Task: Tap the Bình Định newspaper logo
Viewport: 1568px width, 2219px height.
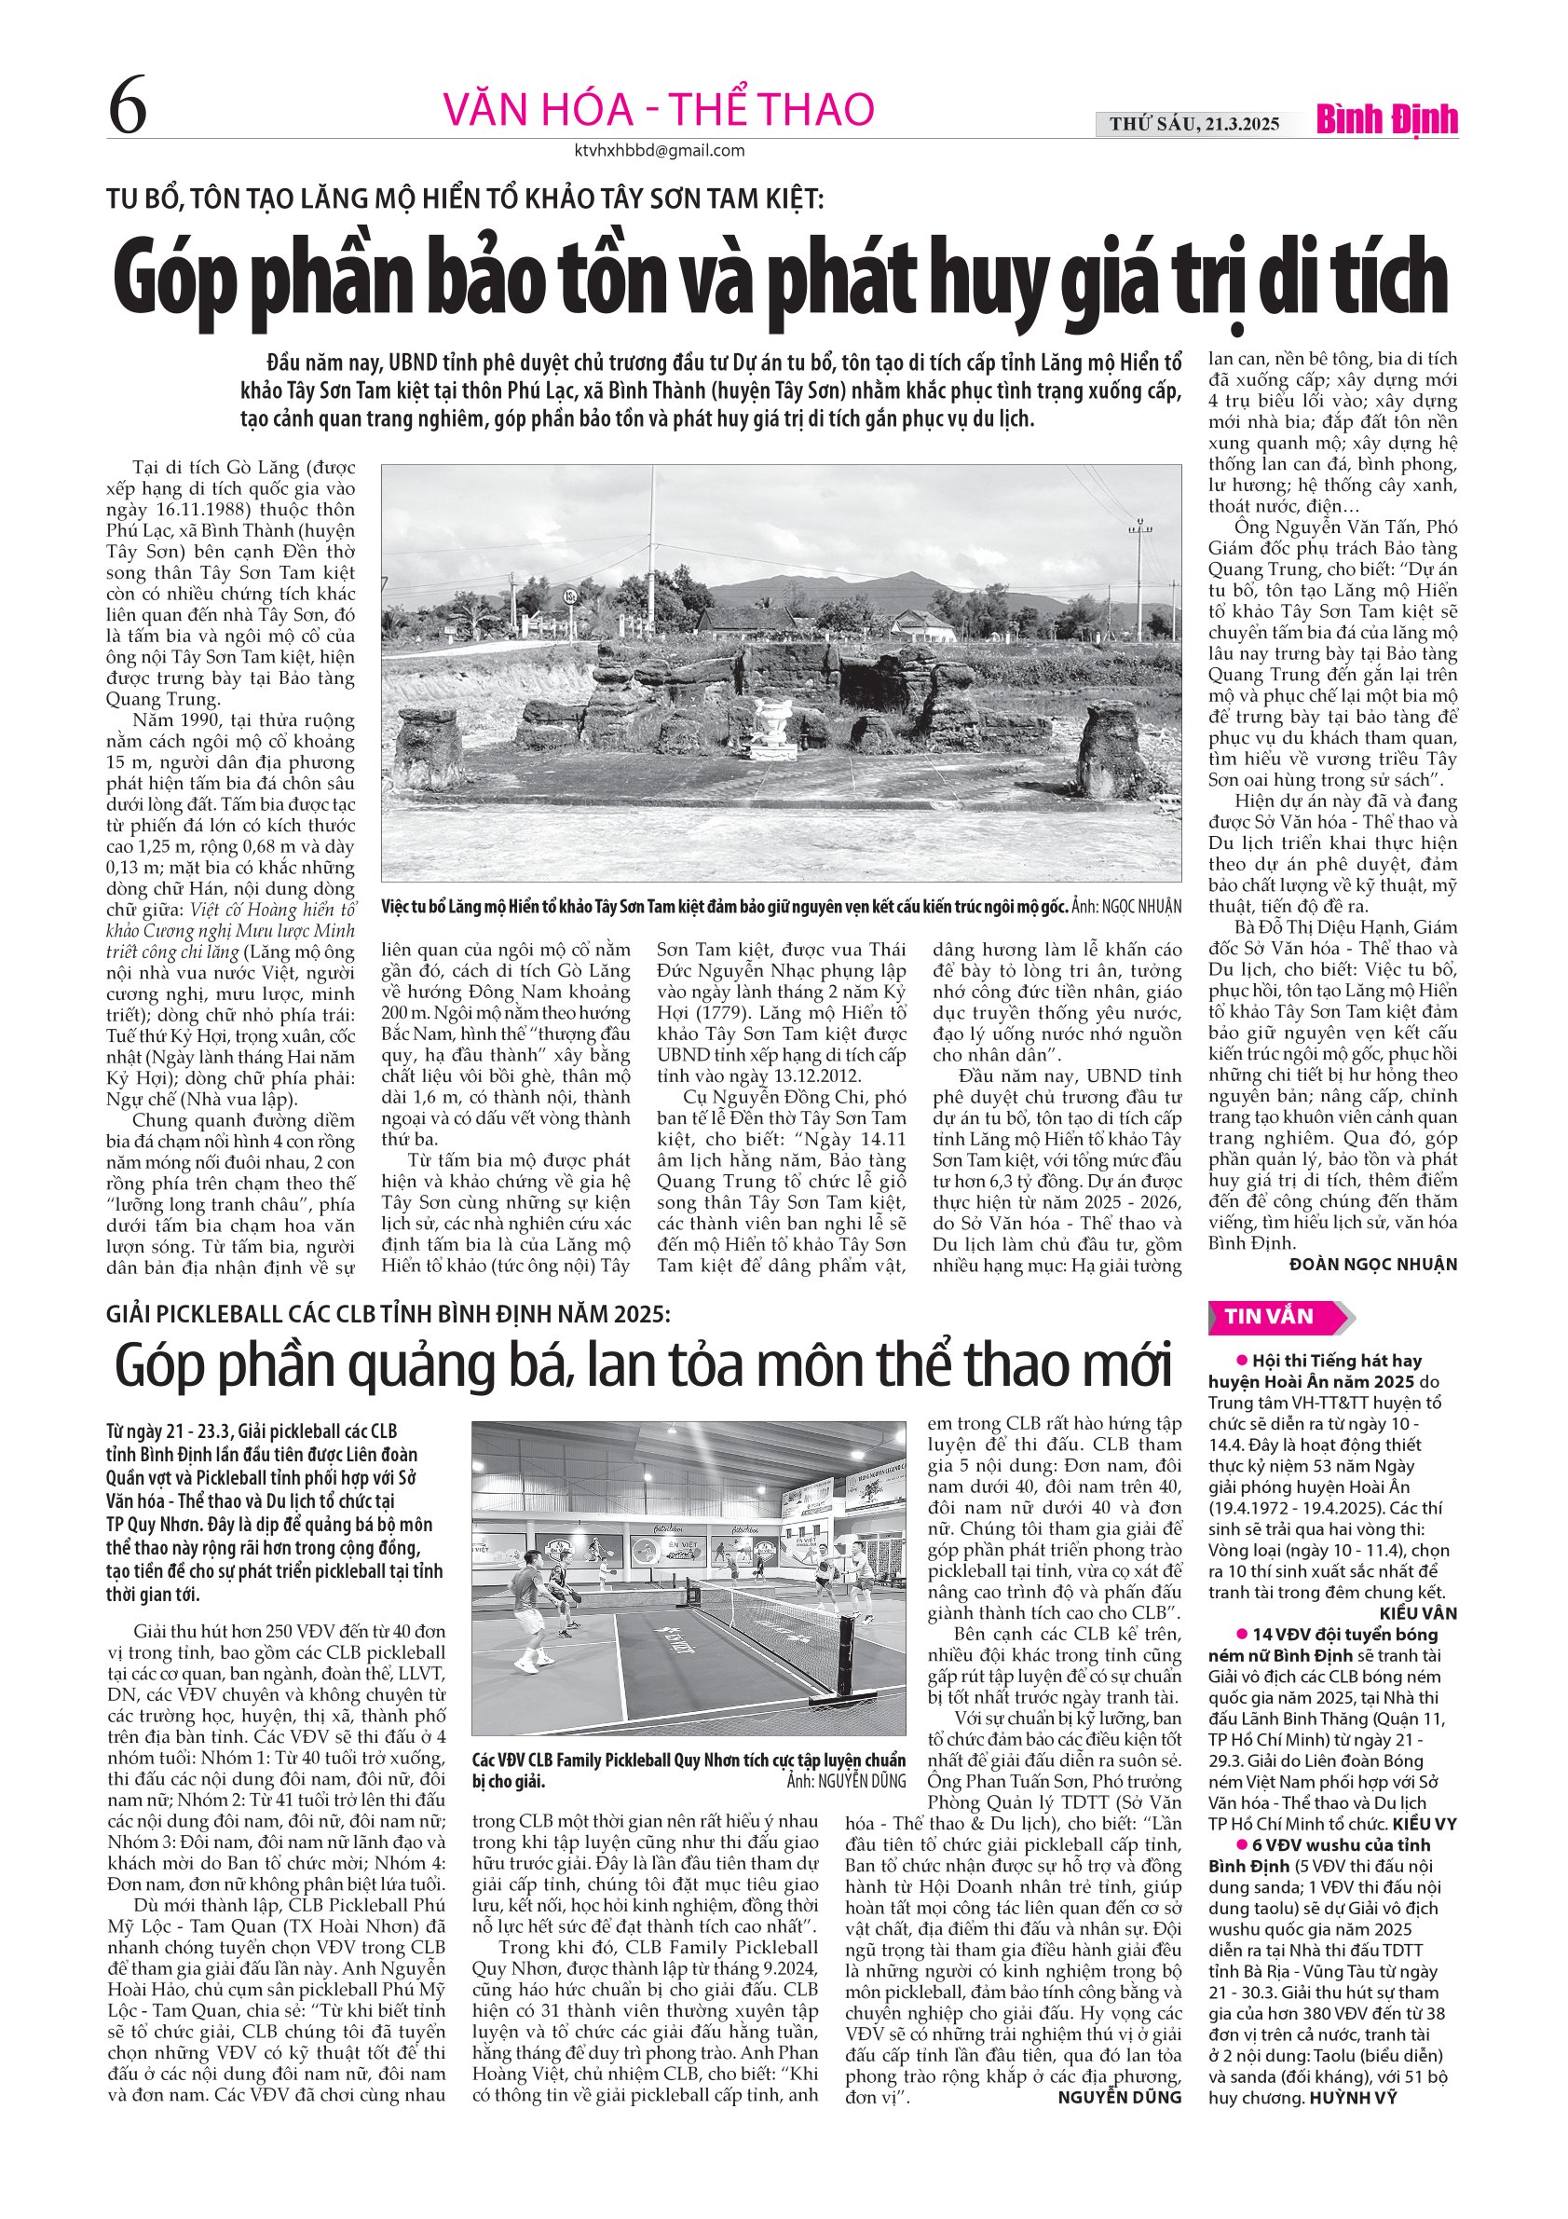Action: (1386, 120)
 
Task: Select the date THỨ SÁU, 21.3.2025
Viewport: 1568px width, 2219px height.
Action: (1194, 124)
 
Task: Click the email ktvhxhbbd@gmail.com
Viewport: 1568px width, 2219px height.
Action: (659, 151)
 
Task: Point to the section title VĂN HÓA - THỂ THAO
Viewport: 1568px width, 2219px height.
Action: (658, 108)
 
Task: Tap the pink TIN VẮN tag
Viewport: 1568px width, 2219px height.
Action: (1270, 1316)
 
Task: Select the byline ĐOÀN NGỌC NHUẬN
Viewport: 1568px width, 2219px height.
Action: (1373, 1264)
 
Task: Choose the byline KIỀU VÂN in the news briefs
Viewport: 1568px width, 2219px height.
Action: (1418, 1613)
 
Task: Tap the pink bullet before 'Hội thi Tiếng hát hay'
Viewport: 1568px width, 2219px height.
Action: (1243, 1361)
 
